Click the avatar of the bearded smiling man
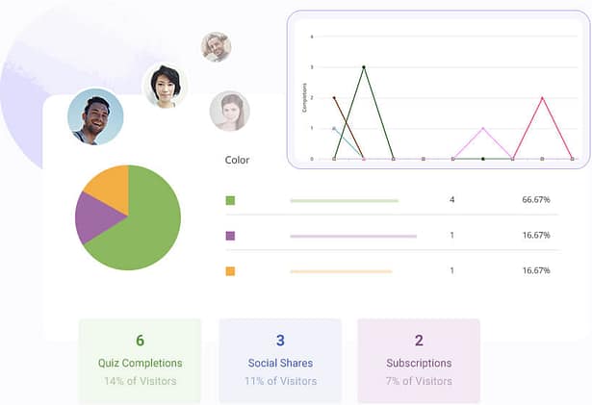pyautogui.click(x=95, y=116)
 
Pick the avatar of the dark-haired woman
pyautogui.click(x=163, y=86)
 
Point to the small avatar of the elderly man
pyautogui.click(x=216, y=46)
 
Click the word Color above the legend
pyautogui.click(x=237, y=161)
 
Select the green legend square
pyautogui.click(x=230, y=200)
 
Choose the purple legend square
pyautogui.click(x=230, y=236)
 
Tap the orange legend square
pyautogui.click(x=230, y=271)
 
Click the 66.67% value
pyautogui.click(x=535, y=200)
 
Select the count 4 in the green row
pyautogui.click(x=451, y=200)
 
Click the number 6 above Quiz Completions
pyautogui.click(x=140, y=341)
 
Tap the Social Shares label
pyautogui.click(x=280, y=364)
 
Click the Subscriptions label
pyautogui.click(x=419, y=364)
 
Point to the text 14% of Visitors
pyautogui.click(x=140, y=381)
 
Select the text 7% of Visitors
pyautogui.click(x=419, y=381)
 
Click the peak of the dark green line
pyautogui.click(x=364, y=66)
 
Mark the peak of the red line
pyautogui.click(x=542, y=97)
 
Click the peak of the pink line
pyautogui.click(x=482, y=128)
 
